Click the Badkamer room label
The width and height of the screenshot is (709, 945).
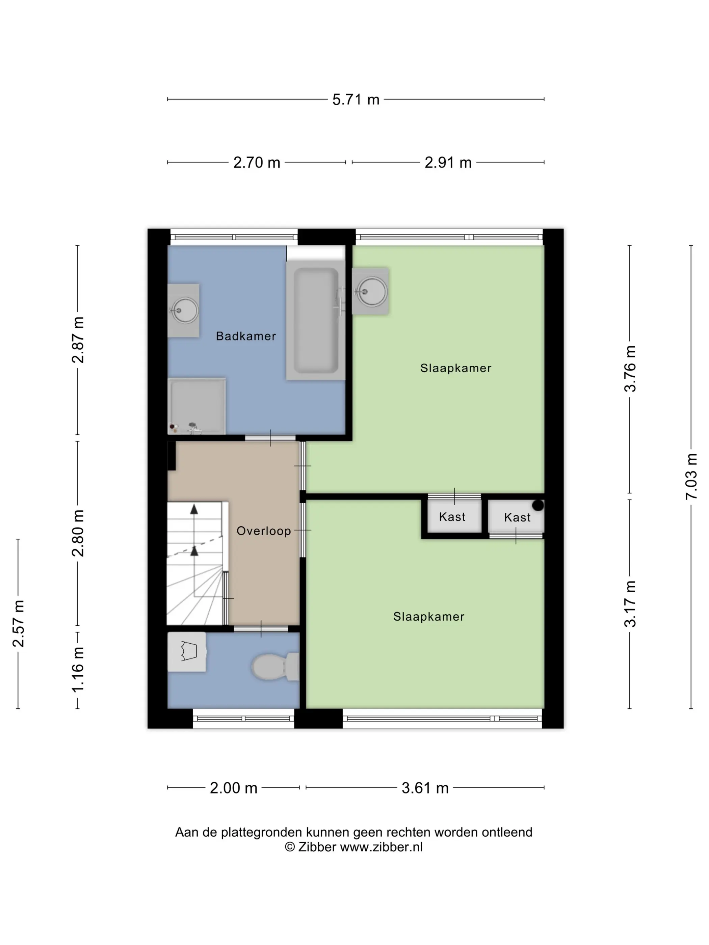point(246,336)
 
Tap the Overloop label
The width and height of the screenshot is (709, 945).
point(264,531)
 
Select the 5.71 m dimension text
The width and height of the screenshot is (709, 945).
point(356,100)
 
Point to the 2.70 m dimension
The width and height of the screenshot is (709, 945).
point(256,163)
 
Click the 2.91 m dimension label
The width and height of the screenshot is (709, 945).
point(448,163)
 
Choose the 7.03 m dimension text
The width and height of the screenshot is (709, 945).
point(691,476)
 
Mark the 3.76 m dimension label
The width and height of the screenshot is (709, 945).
point(630,369)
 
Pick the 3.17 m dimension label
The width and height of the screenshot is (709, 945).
point(630,604)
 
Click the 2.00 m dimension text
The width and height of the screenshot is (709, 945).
point(233,788)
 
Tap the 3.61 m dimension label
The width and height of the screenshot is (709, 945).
point(425,788)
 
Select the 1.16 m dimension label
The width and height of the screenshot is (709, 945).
point(78,670)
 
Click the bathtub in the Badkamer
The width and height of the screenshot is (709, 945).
point(316,320)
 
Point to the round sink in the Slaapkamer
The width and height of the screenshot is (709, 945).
point(372,292)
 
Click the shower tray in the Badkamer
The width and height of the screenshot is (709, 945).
point(196,406)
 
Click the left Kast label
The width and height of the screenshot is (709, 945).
point(452,517)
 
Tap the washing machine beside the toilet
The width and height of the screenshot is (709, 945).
point(187,651)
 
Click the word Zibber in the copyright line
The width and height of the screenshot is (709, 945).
point(317,847)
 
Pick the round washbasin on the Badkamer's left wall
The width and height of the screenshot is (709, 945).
point(185,310)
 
